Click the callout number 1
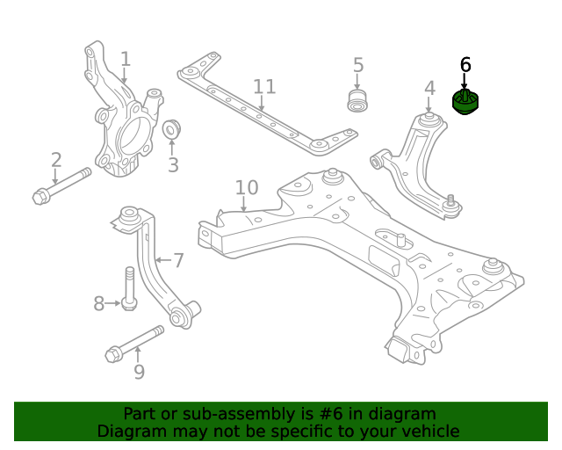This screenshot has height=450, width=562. [x=126, y=59]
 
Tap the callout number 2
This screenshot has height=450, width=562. [x=56, y=160]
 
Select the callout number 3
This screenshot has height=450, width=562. [x=173, y=164]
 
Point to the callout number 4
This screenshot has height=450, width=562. [x=429, y=88]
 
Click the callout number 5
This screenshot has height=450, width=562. [x=358, y=65]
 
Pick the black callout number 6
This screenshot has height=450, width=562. [x=465, y=64]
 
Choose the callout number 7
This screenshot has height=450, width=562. [x=178, y=260]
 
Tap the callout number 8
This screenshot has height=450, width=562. [x=99, y=304]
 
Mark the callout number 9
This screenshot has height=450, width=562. [x=139, y=373]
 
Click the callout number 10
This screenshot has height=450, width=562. [x=247, y=187]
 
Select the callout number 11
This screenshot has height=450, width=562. [x=264, y=86]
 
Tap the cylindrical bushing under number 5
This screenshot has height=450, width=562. [x=358, y=98]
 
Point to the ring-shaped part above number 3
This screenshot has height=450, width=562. [x=172, y=128]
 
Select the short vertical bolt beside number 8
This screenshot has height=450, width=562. [x=129, y=288]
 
